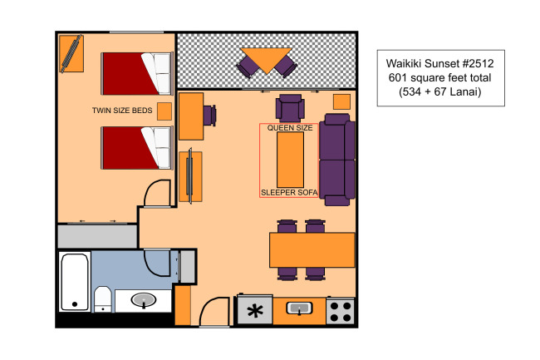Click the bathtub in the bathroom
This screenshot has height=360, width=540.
[x=75, y=282]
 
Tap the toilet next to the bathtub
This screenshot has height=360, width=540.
[x=103, y=298]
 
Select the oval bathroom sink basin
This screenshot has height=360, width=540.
[x=143, y=300]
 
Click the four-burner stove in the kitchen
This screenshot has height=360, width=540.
[x=340, y=312]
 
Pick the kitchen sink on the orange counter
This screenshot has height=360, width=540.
[x=299, y=308]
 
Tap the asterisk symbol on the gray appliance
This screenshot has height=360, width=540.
[x=255, y=311]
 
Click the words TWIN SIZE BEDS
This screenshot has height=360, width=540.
[x=122, y=111]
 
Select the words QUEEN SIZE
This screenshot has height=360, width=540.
[x=290, y=128]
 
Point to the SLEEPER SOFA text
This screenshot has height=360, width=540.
[x=289, y=193]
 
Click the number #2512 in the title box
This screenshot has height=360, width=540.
[x=478, y=63]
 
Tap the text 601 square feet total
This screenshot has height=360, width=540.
[x=439, y=78]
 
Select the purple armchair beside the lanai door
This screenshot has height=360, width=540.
[x=290, y=108]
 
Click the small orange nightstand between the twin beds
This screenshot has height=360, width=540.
[x=164, y=111]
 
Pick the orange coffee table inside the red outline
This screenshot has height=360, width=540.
[x=290, y=160]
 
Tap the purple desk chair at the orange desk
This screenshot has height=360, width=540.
[x=209, y=116]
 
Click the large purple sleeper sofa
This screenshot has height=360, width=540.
[x=337, y=160]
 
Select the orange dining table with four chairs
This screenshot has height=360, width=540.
[x=312, y=249]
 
